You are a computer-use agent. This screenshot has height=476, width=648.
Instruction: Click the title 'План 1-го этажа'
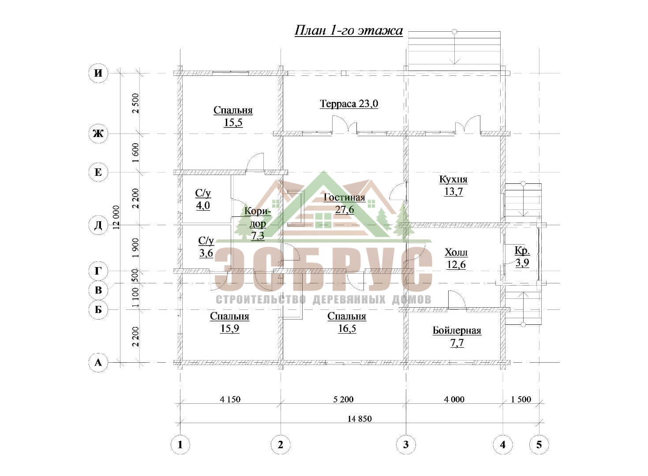(348, 31)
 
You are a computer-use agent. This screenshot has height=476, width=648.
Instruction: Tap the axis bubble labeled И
(98, 73)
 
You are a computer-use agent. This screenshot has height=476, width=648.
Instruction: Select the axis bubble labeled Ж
(98, 134)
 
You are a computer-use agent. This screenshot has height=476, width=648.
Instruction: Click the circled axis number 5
(539, 445)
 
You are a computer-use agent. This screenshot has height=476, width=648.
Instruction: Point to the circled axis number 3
(406, 445)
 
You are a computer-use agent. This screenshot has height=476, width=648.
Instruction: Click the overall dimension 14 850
(360, 419)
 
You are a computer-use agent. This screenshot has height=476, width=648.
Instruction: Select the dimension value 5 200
(343, 399)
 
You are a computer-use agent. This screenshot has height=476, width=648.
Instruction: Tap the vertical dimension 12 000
(116, 217)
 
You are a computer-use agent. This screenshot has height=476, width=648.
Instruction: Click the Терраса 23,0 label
(349, 104)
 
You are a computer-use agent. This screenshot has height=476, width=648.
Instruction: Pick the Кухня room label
(453, 179)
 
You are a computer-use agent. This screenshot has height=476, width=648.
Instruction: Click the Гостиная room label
(344, 198)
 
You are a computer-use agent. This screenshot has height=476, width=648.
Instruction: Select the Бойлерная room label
(457, 331)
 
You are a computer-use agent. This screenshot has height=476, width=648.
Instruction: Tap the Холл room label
(456, 253)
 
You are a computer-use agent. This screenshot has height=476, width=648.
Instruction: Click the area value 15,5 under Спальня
(233, 123)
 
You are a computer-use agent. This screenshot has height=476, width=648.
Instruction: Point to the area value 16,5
(347, 329)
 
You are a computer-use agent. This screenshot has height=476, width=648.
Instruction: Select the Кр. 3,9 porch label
(522, 257)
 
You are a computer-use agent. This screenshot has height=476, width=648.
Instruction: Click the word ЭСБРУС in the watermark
(324, 270)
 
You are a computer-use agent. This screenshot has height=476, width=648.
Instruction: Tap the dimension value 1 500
(521, 399)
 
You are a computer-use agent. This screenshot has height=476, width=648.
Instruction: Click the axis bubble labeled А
(98, 362)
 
